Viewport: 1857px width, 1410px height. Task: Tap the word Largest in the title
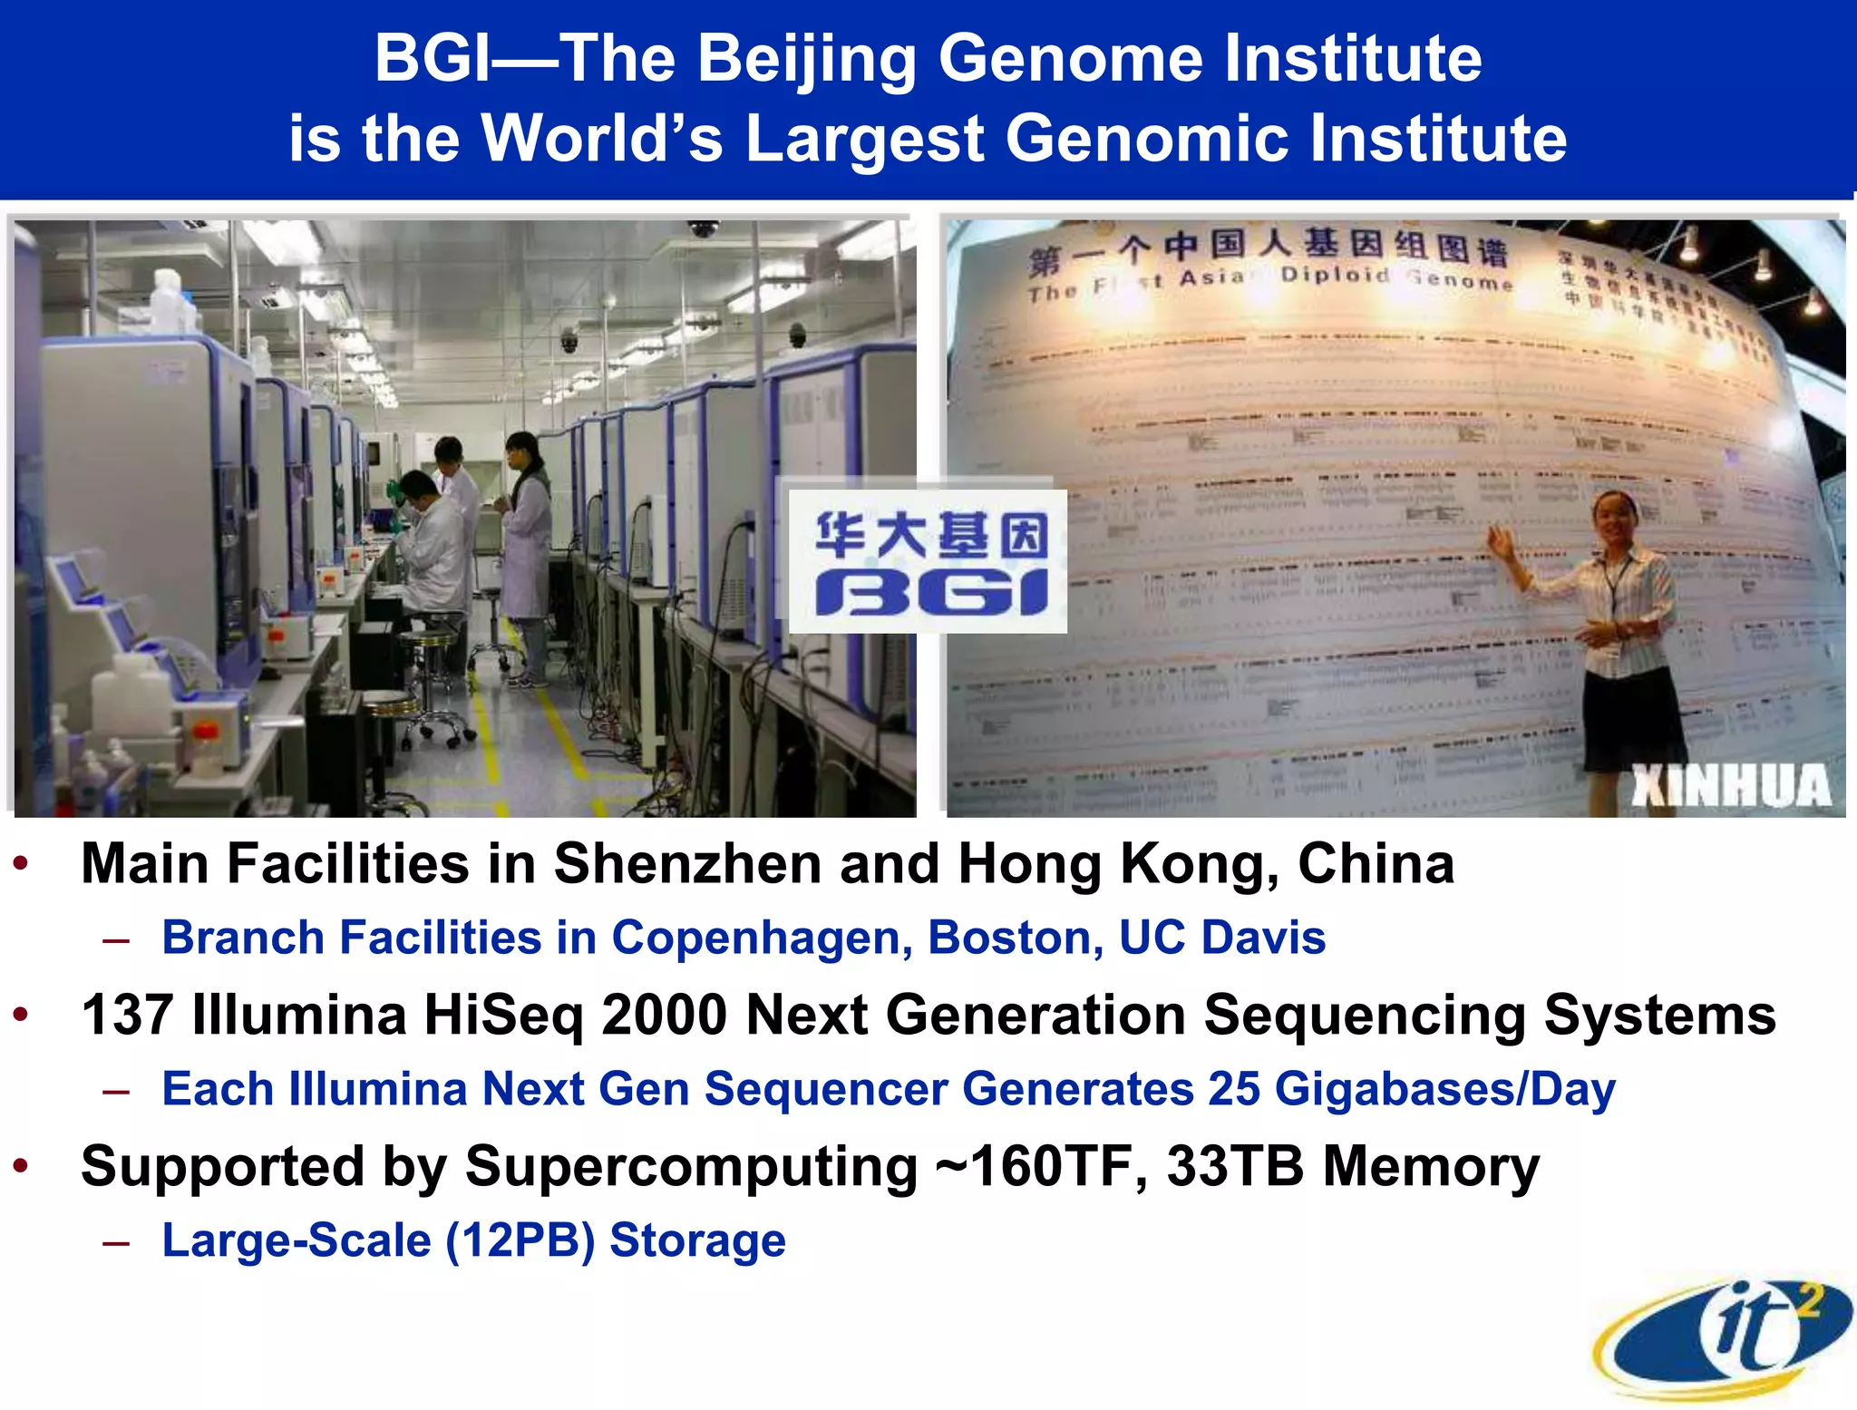click(x=864, y=139)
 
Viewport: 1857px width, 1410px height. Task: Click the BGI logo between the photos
click(x=929, y=561)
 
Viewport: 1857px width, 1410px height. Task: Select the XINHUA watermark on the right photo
click(x=1730, y=785)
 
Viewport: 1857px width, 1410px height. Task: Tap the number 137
click(x=127, y=1015)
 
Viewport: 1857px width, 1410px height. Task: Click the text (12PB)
click(x=520, y=1240)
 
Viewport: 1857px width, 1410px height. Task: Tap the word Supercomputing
click(x=691, y=1168)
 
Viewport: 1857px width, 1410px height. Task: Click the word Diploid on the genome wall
click(x=1334, y=275)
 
